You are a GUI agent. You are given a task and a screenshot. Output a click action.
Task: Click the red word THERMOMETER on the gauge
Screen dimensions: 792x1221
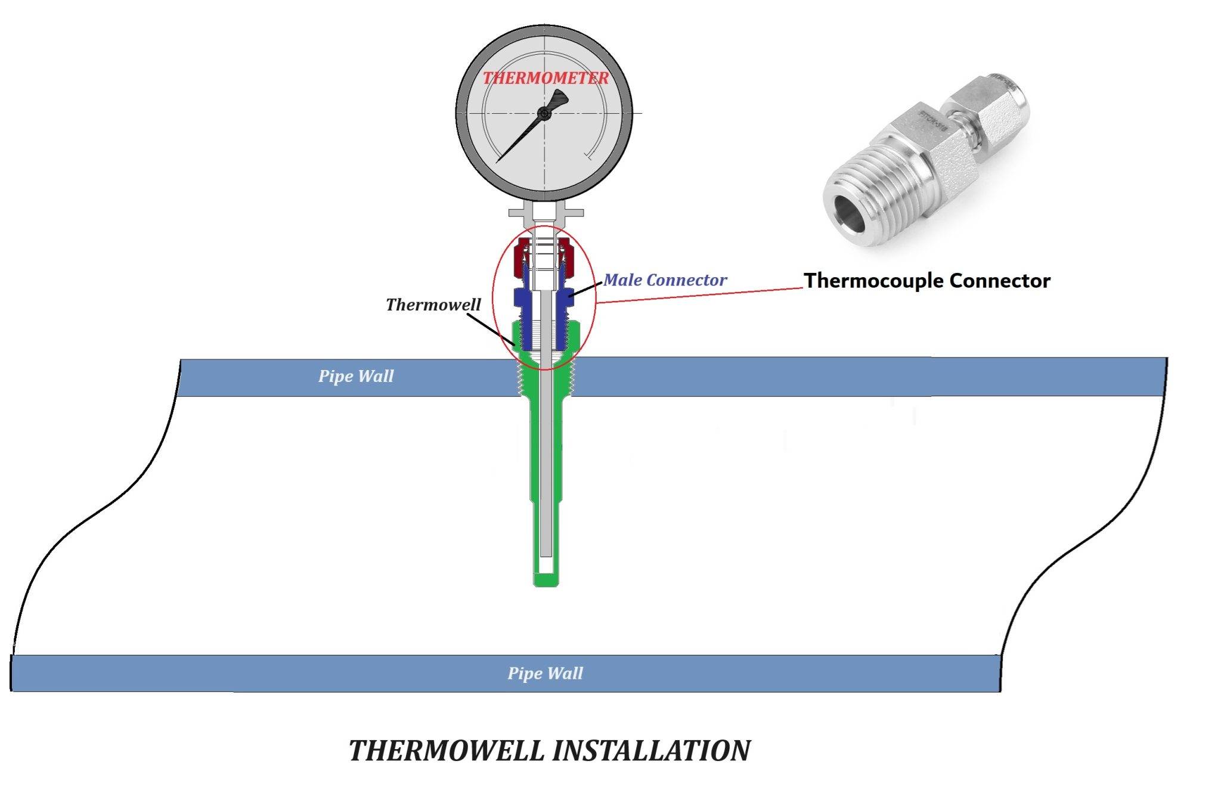(x=546, y=78)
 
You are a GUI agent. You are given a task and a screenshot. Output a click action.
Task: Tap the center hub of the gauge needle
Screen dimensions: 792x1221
(x=544, y=113)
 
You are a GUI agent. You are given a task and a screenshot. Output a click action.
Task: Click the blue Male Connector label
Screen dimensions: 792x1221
(x=665, y=279)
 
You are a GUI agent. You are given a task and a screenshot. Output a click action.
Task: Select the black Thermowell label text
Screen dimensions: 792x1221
(x=433, y=305)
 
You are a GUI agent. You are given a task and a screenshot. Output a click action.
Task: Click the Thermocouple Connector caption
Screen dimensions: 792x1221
(x=927, y=280)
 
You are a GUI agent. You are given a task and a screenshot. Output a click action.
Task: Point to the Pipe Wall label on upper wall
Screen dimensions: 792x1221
(x=356, y=376)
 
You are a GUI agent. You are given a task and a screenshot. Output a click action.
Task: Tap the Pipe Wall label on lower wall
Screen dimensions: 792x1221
(x=545, y=673)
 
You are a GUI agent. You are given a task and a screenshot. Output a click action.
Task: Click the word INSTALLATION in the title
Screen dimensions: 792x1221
(x=651, y=750)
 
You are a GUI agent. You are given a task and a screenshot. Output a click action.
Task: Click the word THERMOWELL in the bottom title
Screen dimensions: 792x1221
(x=447, y=750)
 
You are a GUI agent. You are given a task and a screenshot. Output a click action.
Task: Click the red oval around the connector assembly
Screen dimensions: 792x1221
(x=493, y=298)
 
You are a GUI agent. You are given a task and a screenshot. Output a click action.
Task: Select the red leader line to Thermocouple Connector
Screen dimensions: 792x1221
(x=698, y=295)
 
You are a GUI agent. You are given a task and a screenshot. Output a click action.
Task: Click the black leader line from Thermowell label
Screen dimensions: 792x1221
(x=491, y=328)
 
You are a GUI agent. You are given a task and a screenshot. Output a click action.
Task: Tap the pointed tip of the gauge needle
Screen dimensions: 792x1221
(x=498, y=161)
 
